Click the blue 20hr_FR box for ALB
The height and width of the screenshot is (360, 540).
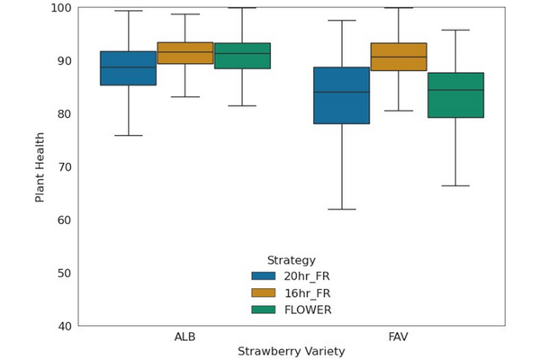tap(128, 68)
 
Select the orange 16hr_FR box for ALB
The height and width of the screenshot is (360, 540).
tap(185, 53)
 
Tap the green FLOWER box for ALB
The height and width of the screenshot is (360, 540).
tap(242, 56)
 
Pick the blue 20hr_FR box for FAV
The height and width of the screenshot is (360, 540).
tap(341, 95)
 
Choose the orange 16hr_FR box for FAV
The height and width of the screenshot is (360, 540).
tap(399, 57)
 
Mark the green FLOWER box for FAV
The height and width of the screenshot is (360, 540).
tap(455, 95)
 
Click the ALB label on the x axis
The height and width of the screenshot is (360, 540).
tap(185, 337)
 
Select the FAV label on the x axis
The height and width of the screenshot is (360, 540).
tap(399, 337)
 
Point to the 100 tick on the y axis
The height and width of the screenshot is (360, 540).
tap(60, 8)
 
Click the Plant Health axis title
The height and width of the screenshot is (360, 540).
tap(40, 166)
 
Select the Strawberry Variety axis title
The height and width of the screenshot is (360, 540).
tap(292, 352)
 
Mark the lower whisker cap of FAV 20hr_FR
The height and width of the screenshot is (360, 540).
tap(341, 209)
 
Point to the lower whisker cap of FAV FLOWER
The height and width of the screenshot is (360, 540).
tap(455, 185)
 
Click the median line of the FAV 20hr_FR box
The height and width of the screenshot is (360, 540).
tap(341, 92)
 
